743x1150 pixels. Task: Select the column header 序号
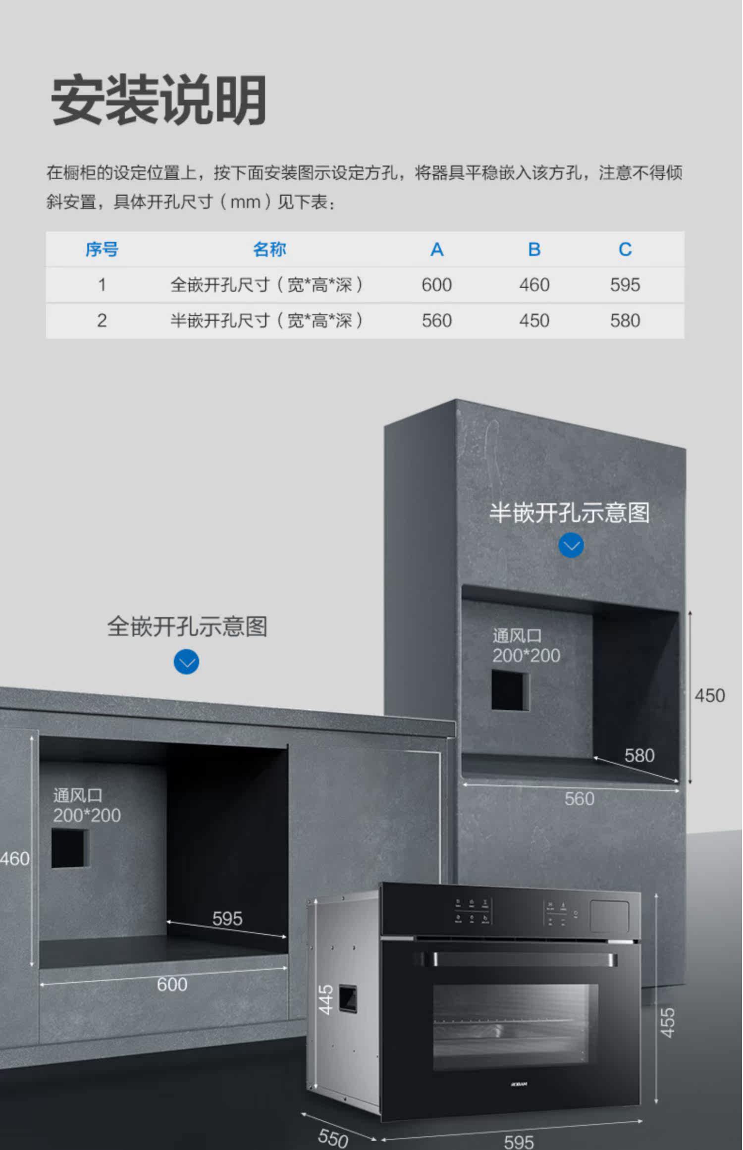(102, 249)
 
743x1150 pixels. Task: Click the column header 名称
(269, 249)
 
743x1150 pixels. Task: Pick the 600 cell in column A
(436, 285)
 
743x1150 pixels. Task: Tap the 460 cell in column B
(534, 285)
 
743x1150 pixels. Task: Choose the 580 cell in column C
(625, 320)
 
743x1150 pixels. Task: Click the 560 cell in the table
(436, 320)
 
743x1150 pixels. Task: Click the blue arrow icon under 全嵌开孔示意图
(186, 662)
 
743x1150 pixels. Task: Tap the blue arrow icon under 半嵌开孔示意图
(571, 545)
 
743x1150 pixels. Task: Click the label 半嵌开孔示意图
(569, 513)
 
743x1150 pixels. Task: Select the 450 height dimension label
(709, 695)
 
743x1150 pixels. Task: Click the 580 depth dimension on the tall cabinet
(639, 755)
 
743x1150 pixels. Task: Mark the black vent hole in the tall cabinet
(510, 690)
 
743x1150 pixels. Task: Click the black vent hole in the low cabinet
(69, 848)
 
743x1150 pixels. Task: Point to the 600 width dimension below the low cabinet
(172, 984)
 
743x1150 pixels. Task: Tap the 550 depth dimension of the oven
(333, 1138)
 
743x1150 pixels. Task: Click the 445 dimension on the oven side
(325, 999)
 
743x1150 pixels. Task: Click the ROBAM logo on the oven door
(519, 1084)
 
